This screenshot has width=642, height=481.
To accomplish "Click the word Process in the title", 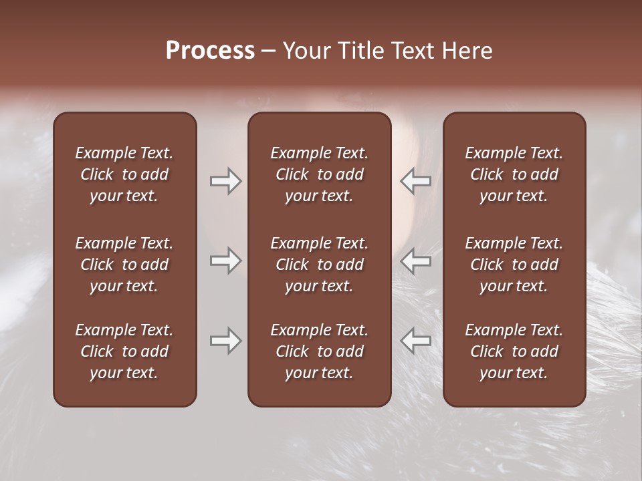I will click(x=210, y=51).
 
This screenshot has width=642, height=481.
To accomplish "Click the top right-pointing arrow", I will click(x=225, y=181).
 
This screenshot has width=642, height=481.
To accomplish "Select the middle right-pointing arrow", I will click(x=225, y=261).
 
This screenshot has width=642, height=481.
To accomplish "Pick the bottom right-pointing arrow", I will click(x=225, y=341).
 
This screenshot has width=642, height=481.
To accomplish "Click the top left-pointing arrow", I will click(x=416, y=181).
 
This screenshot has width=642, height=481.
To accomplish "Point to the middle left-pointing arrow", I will click(x=416, y=261).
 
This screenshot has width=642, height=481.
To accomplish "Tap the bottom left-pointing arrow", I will click(x=416, y=341).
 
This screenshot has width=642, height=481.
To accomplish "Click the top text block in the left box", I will click(x=124, y=174).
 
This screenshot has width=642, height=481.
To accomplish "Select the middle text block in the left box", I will click(x=124, y=265).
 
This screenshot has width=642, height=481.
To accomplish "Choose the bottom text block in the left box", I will click(x=124, y=351).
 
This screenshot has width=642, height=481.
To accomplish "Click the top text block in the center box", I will click(x=319, y=174).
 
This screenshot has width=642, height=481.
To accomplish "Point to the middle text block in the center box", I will click(x=319, y=265).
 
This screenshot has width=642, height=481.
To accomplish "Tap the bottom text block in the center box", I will click(x=319, y=351).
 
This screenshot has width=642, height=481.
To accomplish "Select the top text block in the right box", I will click(x=514, y=174).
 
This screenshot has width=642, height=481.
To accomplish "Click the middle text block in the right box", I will click(x=514, y=265).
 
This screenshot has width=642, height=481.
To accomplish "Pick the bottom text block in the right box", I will click(x=514, y=351).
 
